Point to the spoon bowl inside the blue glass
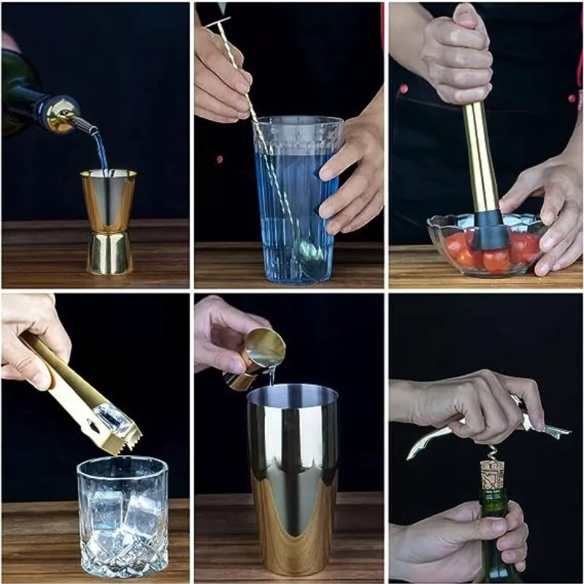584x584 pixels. tap(310, 252)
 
